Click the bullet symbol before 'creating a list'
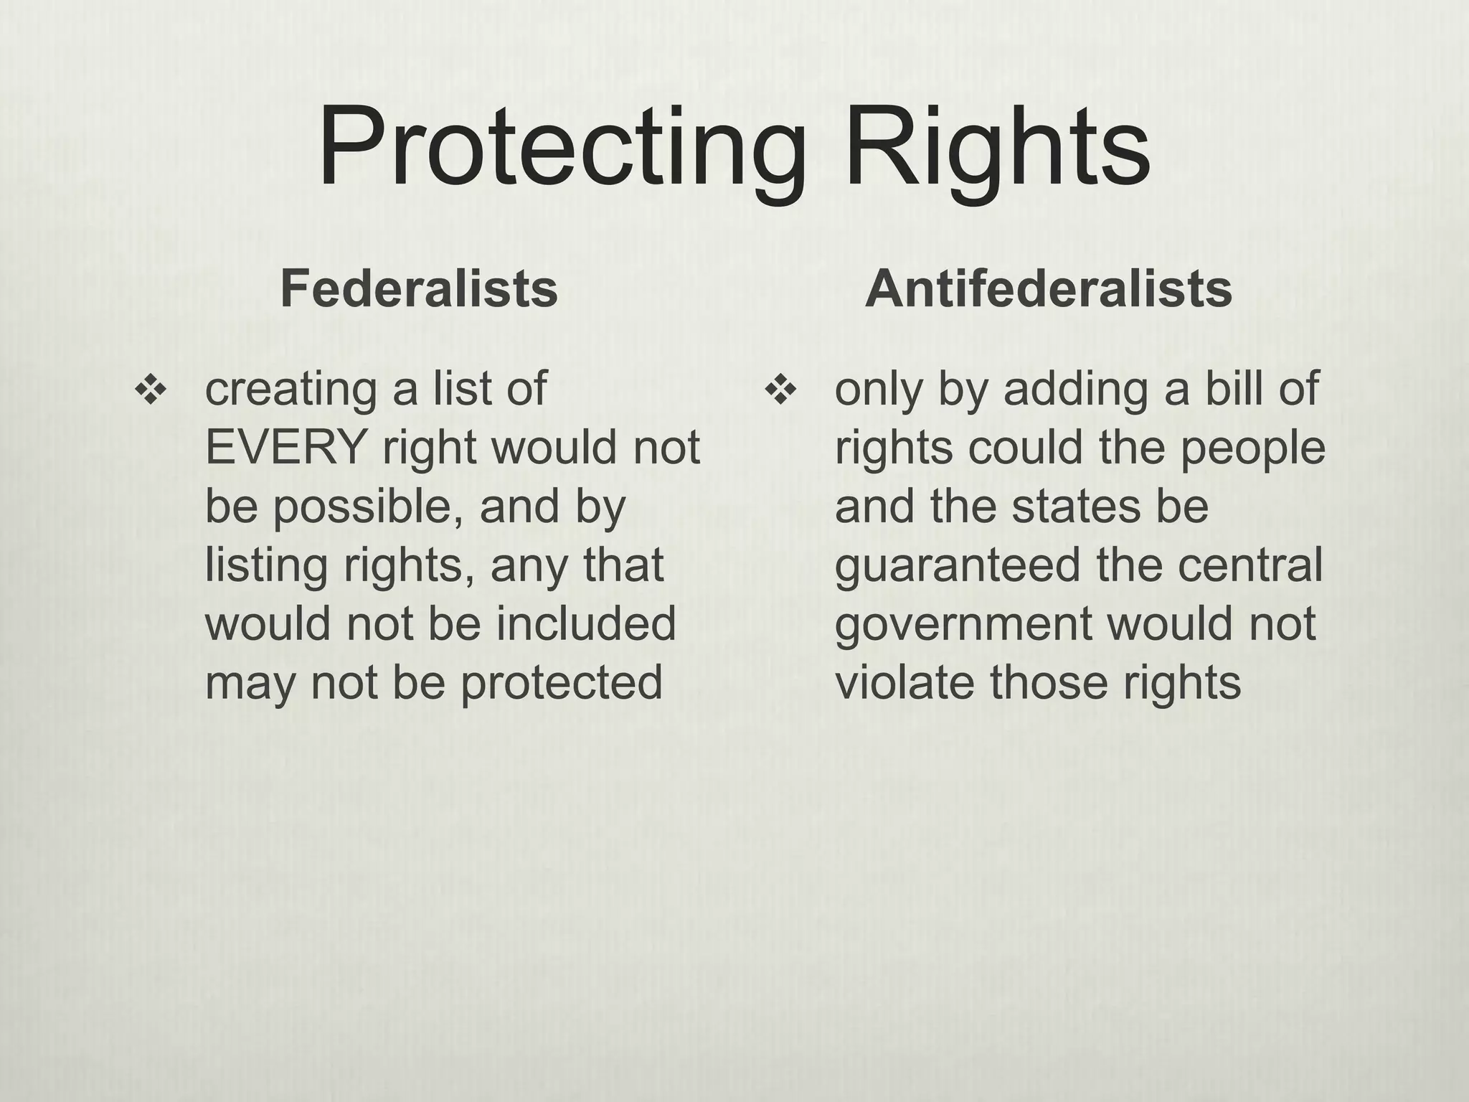(151, 391)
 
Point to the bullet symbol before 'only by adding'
(780, 391)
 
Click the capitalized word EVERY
(285, 448)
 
